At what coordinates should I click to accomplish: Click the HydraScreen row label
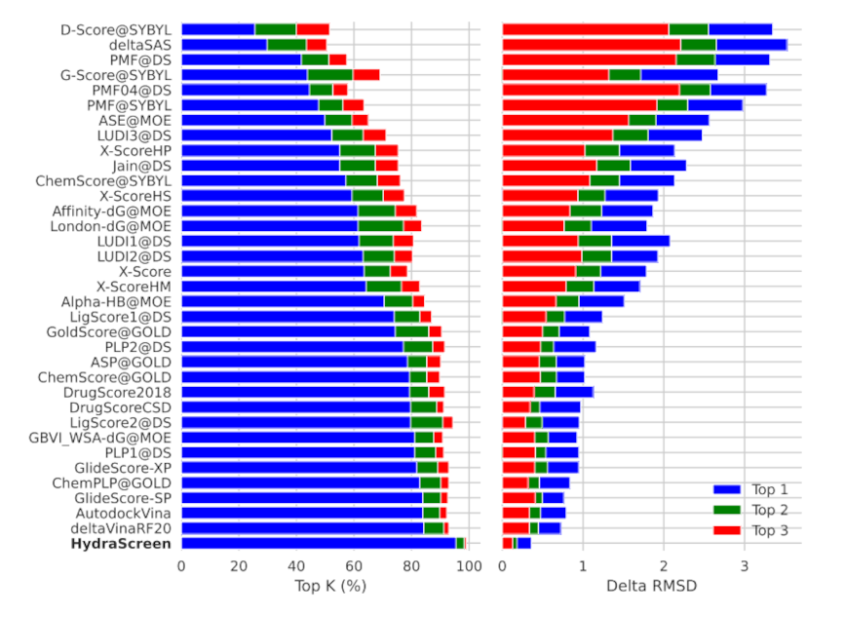pyautogui.click(x=121, y=543)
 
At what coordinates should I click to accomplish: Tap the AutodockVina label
pyautogui.click(x=124, y=512)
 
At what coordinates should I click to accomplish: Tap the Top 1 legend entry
pyautogui.click(x=770, y=489)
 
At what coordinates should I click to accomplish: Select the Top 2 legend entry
pyautogui.click(x=770, y=510)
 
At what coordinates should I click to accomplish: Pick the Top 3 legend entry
pyautogui.click(x=770, y=530)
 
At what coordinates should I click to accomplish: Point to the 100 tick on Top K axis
pyautogui.click(x=469, y=566)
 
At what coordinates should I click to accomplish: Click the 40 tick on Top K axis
pyautogui.click(x=296, y=566)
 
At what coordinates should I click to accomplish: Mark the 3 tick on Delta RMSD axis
pyautogui.click(x=744, y=566)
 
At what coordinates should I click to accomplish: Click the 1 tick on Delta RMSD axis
pyautogui.click(x=583, y=566)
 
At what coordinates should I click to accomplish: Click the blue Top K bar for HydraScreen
pyautogui.click(x=318, y=543)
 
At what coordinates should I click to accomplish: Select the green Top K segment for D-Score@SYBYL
pyautogui.click(x=276, y=29)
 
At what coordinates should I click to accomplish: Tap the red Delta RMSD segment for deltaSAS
pyautogui.click(x=591, y=45)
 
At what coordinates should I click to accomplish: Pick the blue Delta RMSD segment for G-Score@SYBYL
pyautogui.click(x=678, y=75)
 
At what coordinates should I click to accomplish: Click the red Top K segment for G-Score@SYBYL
pyautogui.click(x=365, y=75)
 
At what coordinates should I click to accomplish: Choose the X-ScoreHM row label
pyautogui.click(x=134, y=287)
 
